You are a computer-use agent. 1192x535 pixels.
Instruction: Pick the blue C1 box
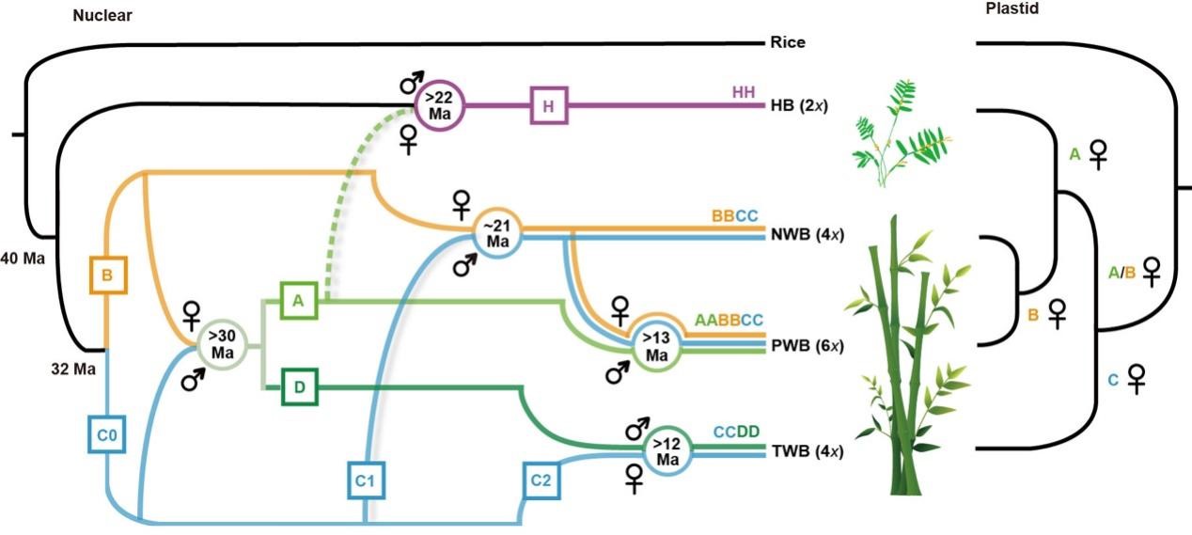(366, 480)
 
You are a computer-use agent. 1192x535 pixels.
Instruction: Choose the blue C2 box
(541, 480)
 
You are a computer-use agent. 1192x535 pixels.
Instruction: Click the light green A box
(298, 300)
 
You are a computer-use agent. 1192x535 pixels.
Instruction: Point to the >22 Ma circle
(442, 105)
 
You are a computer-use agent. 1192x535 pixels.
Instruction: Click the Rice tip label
(787, 42)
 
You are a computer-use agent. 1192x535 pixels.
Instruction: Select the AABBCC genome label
(729, 321)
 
